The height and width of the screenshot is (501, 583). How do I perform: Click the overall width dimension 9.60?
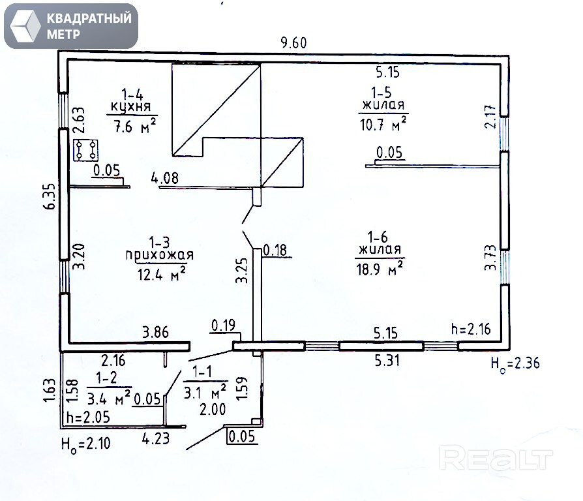coord(293,44)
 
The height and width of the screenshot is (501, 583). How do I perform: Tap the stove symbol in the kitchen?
coord(85,151)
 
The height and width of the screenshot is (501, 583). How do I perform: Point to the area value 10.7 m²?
coord(383,122)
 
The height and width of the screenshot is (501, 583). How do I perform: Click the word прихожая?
coord(159,255)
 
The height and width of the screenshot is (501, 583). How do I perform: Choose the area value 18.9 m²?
coord(381,267)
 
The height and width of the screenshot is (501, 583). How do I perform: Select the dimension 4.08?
coord(164,177)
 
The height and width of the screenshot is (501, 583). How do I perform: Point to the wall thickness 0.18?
coord(275,249)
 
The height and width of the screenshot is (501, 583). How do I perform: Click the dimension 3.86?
coord(156,332)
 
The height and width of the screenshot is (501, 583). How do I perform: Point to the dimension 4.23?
coord(156,438)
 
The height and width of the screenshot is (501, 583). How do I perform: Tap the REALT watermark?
coord(495,459)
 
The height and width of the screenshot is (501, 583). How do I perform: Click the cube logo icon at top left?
coord(25,25)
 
